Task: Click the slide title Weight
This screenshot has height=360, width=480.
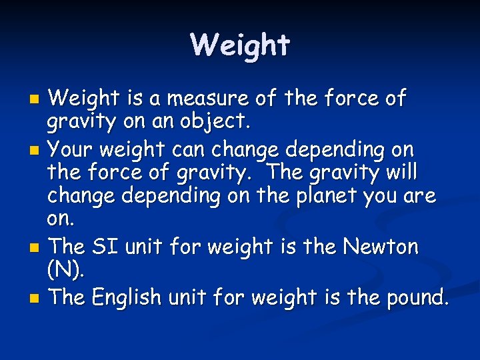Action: point(240,45)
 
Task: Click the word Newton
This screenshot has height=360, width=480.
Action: point(380,247)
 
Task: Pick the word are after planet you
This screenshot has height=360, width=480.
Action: point(419,197)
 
